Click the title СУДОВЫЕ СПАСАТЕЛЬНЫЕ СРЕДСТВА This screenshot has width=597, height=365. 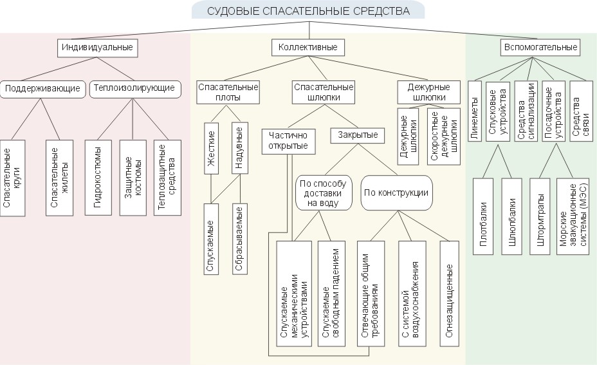pos(309,11)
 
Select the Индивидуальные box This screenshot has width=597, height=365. pos(98,47)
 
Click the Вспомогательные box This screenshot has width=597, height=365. pos(539,47)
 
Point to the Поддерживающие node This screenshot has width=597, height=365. pos(42,88)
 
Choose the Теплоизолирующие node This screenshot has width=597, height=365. pos(133,88)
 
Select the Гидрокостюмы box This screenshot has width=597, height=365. pos(98,176)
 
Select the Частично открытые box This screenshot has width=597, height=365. pos(288,140)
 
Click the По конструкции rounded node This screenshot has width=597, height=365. pos(396,192)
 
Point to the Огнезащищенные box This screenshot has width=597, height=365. pos(450,294)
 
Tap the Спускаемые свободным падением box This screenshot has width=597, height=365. pos(329,294)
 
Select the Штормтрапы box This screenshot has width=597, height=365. pos(539,216)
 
